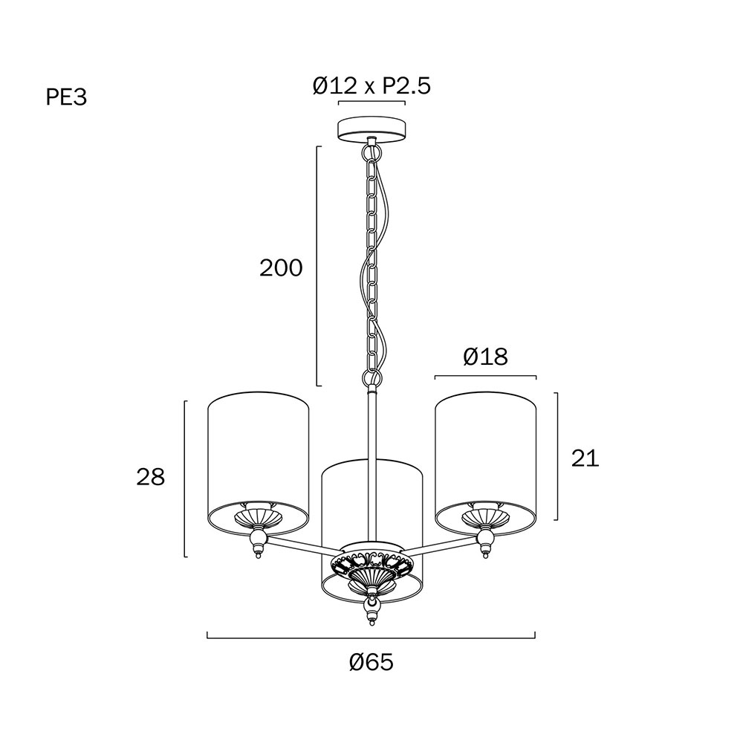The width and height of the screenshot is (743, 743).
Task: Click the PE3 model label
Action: pos(66,97)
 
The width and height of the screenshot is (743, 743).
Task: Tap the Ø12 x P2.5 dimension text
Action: pos(371,86)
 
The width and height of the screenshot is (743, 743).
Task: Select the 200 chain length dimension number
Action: pos(281,268)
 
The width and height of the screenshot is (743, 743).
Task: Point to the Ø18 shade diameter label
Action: pos(485,357)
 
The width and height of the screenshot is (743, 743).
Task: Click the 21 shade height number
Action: pos(585,458)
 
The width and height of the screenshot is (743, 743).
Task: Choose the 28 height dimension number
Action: pos(151,477)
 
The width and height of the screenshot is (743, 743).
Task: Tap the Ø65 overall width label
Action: pos(371,663)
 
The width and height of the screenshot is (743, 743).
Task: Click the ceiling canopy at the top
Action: pos(371,129)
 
